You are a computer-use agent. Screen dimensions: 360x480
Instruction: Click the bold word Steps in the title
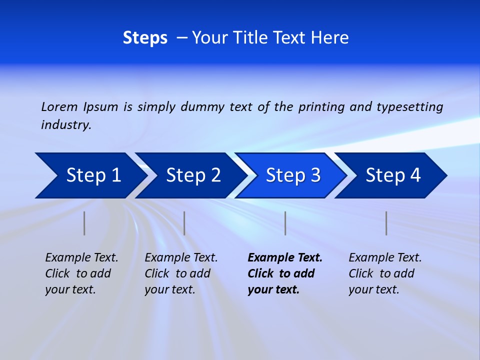pos(145,38)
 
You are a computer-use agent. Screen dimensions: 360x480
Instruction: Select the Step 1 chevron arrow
pos(90,175)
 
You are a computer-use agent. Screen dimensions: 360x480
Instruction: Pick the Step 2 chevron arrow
pos(190,175)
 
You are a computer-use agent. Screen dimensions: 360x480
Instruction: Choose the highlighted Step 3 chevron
pos(290,175)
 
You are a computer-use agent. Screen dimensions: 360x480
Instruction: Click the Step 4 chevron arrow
pos(390,175)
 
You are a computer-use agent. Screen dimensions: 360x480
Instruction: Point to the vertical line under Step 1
pos(84,223)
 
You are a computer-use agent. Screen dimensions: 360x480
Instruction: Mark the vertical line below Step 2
pos(184,223)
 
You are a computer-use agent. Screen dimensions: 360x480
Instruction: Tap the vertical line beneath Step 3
pos(285,223)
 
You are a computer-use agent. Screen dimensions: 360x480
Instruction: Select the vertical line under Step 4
pos(386,223)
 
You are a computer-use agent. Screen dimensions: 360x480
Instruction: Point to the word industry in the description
pos(66,124)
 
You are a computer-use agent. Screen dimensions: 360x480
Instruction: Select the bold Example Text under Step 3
pos(285,258)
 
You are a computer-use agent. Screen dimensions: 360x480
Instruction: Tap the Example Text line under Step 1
pos(81,258)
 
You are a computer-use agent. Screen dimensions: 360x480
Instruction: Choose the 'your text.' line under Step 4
pos(373,289)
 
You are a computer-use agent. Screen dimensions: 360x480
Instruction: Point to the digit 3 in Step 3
pos(315,175)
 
